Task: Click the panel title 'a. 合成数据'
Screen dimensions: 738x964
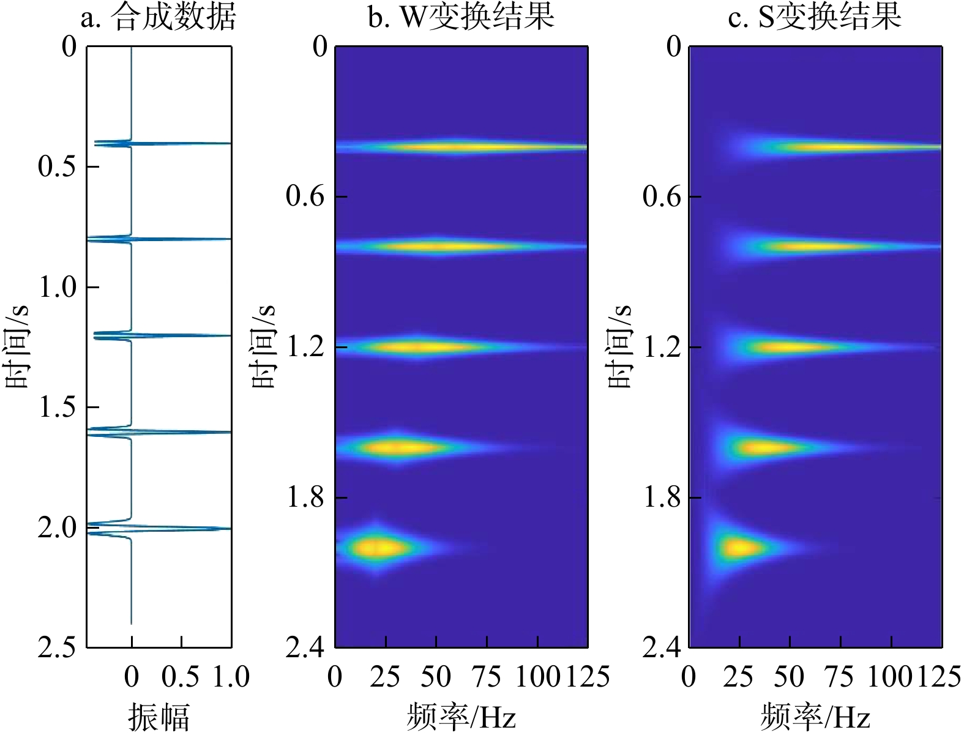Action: (x=158, y=17)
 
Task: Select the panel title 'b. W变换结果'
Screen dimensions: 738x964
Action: (x=461, y=17)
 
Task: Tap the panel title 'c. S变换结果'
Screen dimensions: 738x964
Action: (x=815, y=17)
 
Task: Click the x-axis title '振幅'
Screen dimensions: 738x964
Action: (x=159, y=717)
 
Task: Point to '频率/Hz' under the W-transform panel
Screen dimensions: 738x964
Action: (x=461, y=717)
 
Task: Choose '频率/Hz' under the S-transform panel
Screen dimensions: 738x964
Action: (x=815, y=717)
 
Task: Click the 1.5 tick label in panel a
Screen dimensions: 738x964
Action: (x=59, y=407)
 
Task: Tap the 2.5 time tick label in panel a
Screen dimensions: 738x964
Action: (x=59, y=647)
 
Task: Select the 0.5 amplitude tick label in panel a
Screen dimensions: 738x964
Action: (x=181, y=677)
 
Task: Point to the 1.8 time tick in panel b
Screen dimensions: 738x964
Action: (x=305, y=497)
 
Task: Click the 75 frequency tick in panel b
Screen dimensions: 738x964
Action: (x=487, y=677)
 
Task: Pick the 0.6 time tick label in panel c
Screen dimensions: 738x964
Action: (x=662, y=196)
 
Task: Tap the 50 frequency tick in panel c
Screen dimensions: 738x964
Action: (x=790, y=677)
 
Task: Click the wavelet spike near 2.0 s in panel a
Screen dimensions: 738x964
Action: (x=184, y=528)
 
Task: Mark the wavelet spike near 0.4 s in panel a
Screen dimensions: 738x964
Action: (x=184, y=143)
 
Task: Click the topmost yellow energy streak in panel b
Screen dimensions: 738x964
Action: (x=465, y=147)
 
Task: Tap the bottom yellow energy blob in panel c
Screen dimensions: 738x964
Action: (x=739, y=547)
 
